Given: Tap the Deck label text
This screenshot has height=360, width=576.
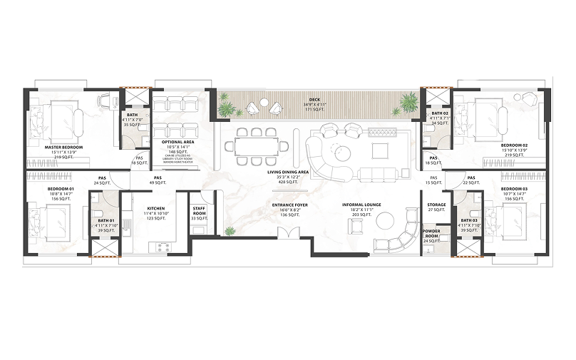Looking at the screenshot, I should [314, 99].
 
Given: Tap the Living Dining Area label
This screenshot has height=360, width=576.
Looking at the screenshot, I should [288, 173].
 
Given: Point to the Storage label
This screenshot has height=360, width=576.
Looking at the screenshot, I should [436, 205].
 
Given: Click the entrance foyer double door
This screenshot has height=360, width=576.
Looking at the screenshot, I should [287, 235].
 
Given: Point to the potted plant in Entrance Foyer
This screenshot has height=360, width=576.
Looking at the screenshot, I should [230, 231].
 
